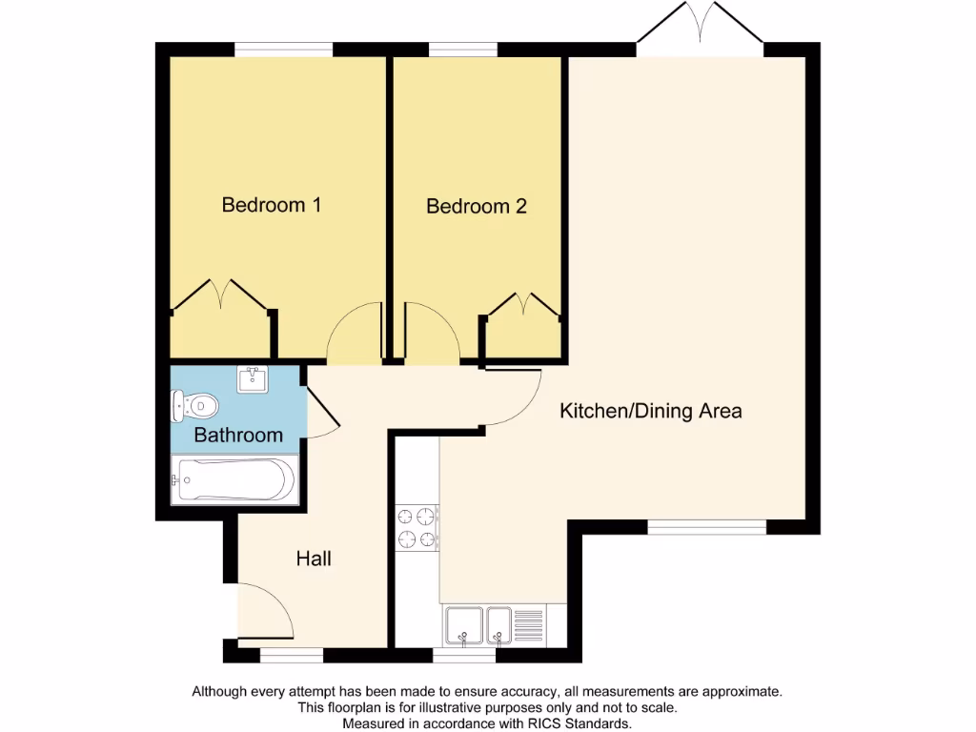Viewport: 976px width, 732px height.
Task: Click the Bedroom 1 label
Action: pyautogui.click(x=271, y=205)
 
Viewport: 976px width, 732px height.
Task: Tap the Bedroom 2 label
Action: pyautogui.click(x=477, y=206)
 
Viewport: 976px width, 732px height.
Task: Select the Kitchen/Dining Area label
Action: pyautogui.click(x=650, y=412)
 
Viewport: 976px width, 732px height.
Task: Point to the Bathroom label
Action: pyautogui.click(x=238, y=436)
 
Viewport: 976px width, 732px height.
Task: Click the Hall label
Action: pyautogui.click(x=314, y=559)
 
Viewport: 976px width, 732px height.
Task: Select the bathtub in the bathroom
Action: pyautogui.click(x=233, y=479)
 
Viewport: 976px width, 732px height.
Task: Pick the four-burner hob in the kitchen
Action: pyautogui.click(x=417, y=529)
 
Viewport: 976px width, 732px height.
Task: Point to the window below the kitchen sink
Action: pyautogui.click(x=464, y=655)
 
